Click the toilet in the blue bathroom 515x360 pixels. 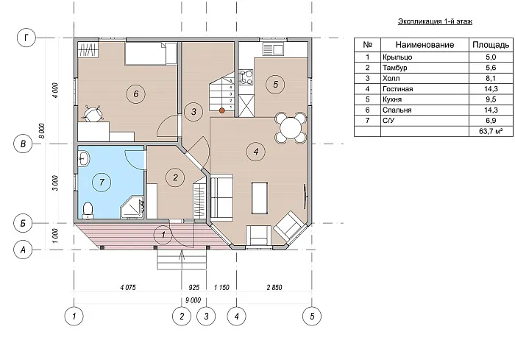click(88, 211)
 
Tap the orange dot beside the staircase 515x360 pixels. click(222, 110)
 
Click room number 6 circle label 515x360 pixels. click(135, 94)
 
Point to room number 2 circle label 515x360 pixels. click(175, 177)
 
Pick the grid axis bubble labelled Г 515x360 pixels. click(26, 38)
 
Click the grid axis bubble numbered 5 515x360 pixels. click(312, 317)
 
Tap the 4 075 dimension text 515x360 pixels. click(128, 288)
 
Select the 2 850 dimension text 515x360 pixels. click(274, 288)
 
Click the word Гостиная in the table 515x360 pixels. click(397, 89)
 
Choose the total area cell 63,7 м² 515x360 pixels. click(491, 131)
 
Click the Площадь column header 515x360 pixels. click(491, 45)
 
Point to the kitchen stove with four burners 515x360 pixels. click(246, 77)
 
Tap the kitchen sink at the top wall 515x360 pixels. click(273, 49)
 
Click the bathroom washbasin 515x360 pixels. click(84, 159)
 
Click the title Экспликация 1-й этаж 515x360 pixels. click(436, 21)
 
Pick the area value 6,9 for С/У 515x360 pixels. click(491, 121)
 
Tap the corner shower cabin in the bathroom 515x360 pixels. click(132, 208)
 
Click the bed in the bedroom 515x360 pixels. click(150, 53)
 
